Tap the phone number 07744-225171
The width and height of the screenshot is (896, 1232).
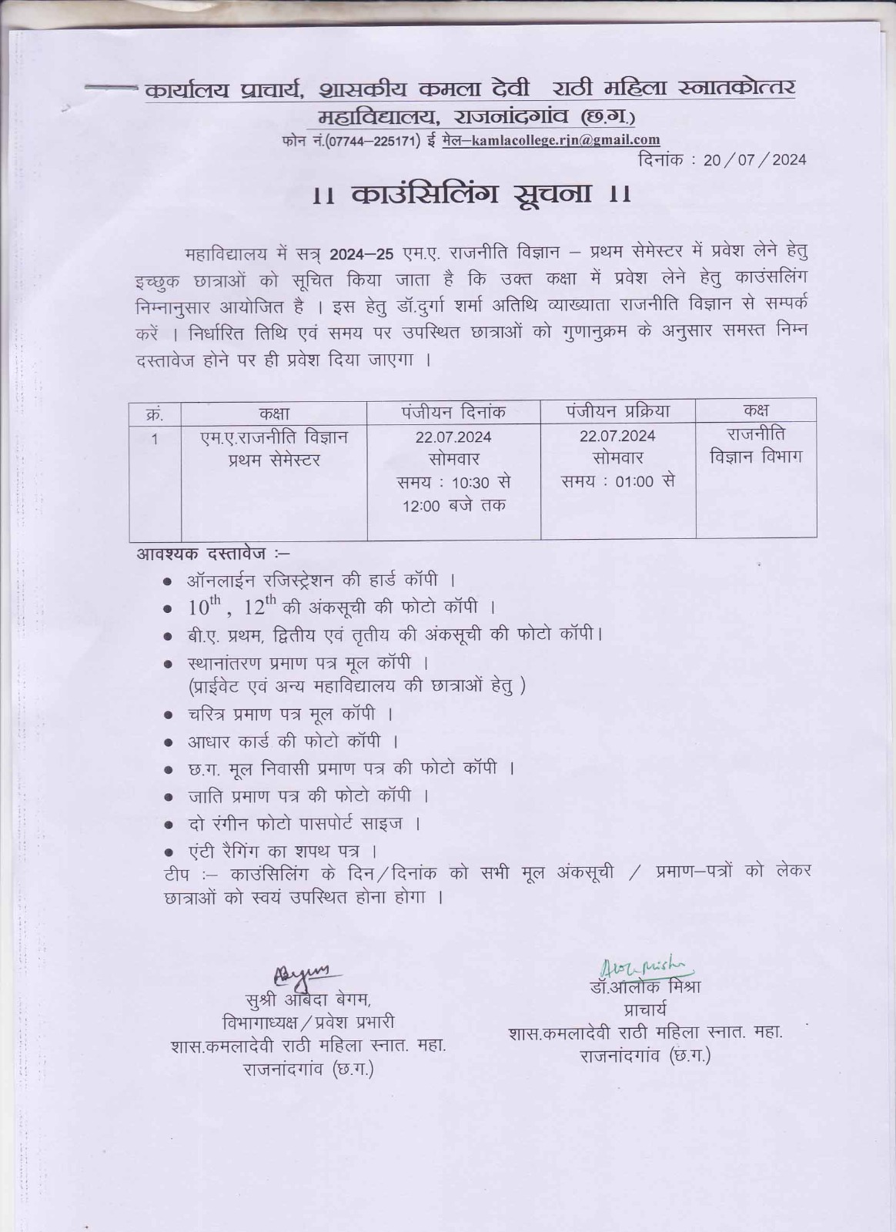tap(373, 141)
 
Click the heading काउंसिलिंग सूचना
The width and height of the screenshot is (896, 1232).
tap(473, 194)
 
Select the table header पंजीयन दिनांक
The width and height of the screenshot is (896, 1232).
tap(453, 412)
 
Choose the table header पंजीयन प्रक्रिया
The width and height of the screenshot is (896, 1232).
tap(617, 411)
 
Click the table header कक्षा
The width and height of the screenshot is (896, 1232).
tap(274, 413)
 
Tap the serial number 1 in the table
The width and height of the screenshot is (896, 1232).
tap(155, 439)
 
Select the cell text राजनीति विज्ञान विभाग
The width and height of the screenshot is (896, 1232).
tap(755, 445)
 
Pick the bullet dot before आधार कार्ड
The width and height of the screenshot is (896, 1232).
tap(168, 743)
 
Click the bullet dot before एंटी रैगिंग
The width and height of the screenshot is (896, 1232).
tap(168, 853)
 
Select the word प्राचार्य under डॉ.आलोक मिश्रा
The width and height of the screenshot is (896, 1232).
tap(645, 1009)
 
